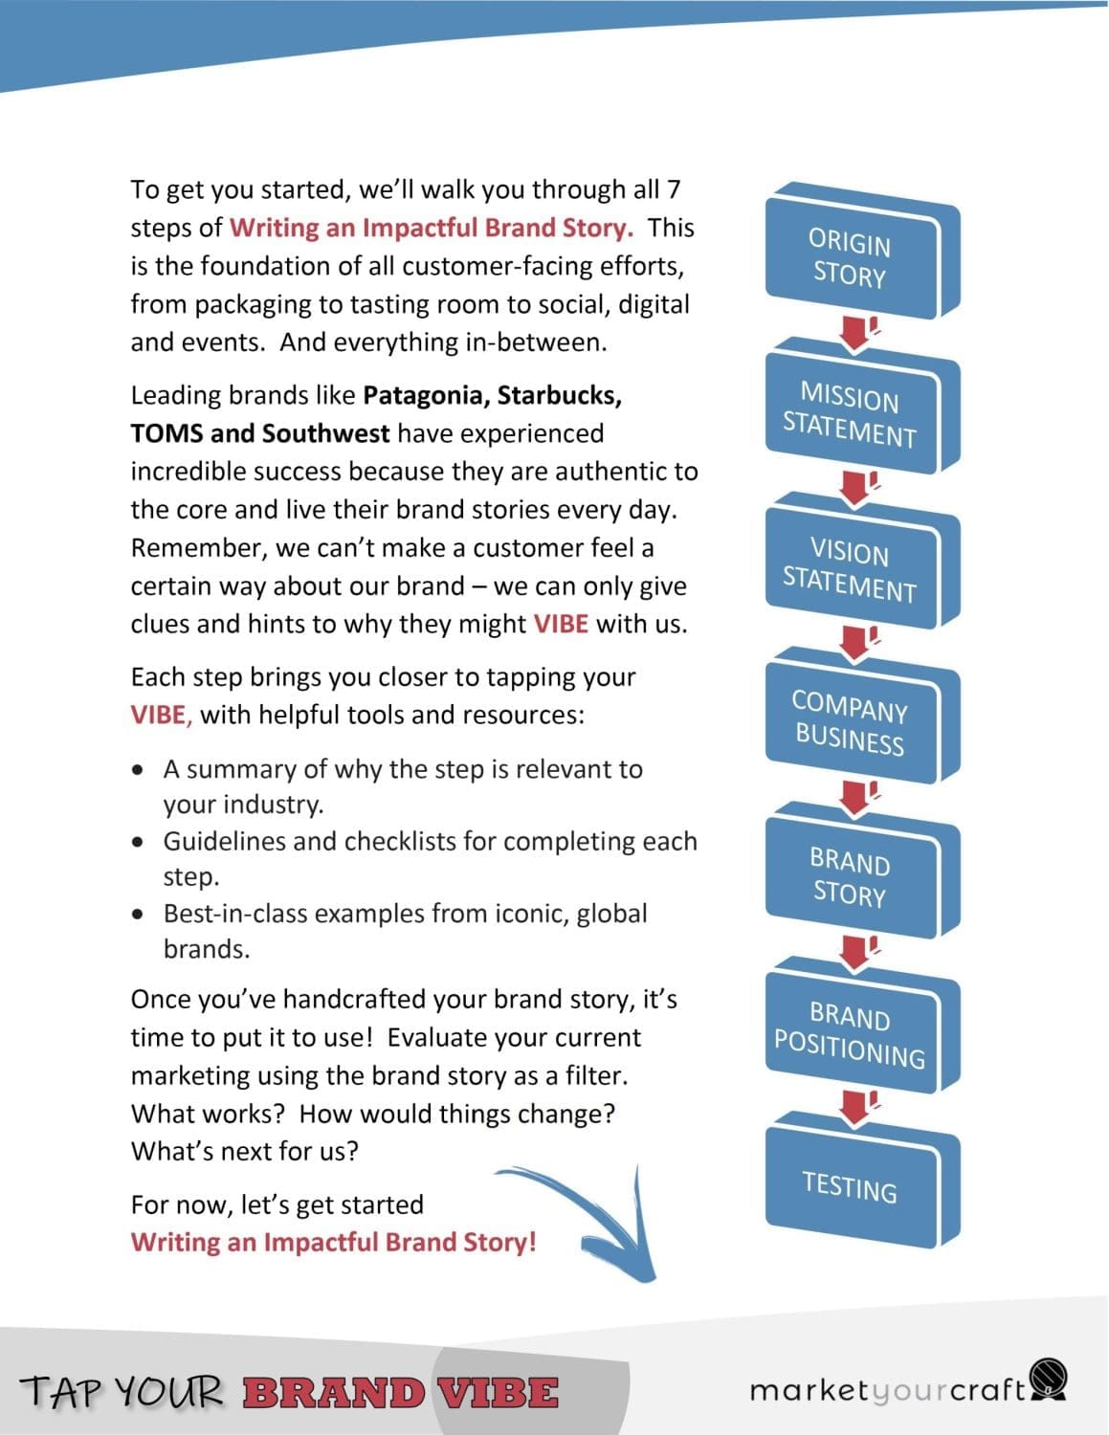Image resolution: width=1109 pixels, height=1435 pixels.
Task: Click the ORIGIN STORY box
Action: click(x=851, y=258)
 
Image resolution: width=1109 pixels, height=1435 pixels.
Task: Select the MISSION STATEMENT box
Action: click(x=851, y=414)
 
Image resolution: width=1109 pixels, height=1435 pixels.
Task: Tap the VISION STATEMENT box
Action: click(x=851, y=570)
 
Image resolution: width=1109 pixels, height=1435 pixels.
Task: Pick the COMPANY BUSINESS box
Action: click(x=851, y=724)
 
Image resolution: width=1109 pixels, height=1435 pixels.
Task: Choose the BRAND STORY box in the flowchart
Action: click(x=851, y=878)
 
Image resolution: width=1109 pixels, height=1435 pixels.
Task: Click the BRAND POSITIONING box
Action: click(x=851, y=1034)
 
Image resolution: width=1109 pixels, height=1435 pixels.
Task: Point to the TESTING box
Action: click(x=851, y=1187)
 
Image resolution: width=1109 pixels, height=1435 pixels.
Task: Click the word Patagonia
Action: click(x=425, y=395)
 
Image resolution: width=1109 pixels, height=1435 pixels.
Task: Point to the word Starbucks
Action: click(x=559, y=395)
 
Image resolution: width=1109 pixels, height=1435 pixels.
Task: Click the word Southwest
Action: click(x=325, y=433)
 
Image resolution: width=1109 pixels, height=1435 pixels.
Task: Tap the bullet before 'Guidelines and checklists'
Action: click(x=141, y=843)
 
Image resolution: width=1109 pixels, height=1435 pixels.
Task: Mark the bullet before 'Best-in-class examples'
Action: click(x=141, y=915)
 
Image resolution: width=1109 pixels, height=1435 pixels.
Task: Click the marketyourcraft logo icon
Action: click(x=1049, y=1379)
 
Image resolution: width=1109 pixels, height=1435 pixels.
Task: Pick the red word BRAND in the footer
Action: click(x=333, y=1392)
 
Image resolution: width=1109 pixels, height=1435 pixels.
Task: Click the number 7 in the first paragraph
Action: click(x=674, y=189)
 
